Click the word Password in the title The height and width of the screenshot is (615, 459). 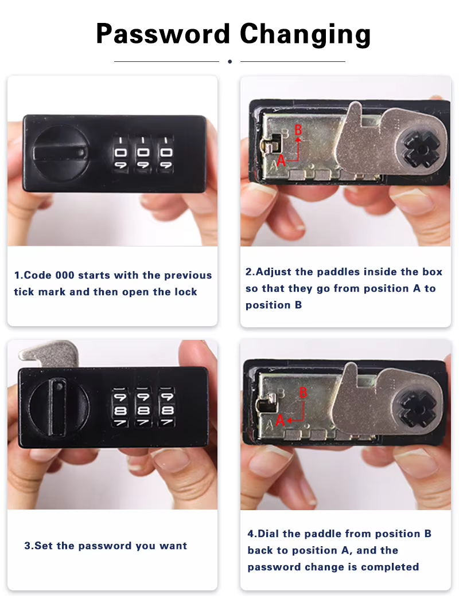[162, 34]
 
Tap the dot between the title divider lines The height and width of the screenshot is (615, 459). [229, 61]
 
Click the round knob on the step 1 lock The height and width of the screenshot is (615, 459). [61, 153]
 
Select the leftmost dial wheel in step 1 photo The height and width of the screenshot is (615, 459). [120, 154]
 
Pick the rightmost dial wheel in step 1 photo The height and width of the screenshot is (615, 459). [166, 154]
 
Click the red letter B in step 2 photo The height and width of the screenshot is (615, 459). [298, 130]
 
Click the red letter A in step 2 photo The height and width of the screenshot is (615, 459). [281, 160]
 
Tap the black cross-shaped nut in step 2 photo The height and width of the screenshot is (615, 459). [422, 150]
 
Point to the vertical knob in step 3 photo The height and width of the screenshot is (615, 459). [58, 408]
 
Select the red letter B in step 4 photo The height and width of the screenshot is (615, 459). [303, 392]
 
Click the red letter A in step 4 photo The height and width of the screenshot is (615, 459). [279, 421]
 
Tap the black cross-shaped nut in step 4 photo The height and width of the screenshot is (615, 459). [417, 410]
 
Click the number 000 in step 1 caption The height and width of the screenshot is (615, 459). [65, 275]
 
